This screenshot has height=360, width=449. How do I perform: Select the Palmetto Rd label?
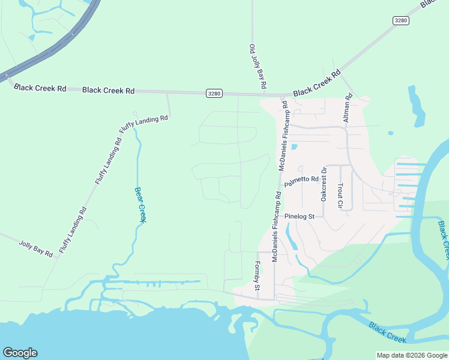click(x=301, y=179)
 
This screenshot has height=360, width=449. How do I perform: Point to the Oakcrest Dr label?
click(x=324, y=184)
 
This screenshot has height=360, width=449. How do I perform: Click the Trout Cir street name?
click(x=340, y=196)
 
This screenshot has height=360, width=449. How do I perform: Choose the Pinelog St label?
click(x=300, y=216)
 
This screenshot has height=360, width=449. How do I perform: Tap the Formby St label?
click(x=257, y=276)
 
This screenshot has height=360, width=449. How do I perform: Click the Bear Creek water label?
click(x=139, y=205)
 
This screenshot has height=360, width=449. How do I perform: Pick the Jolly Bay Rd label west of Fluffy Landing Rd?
click(x=35, y=249)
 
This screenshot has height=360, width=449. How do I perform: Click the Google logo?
click(x=20, y=353)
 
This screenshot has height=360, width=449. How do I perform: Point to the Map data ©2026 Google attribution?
click(x=412, y=355)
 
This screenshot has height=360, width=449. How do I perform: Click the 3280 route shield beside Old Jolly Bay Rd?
click(x=214, y=93)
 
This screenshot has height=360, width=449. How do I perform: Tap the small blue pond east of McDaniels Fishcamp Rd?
click(x=294, y=146)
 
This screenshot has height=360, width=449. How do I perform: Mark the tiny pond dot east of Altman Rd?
click(x=391, y=133)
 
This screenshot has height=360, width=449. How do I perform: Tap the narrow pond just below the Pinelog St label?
click(x=292, y=238)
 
